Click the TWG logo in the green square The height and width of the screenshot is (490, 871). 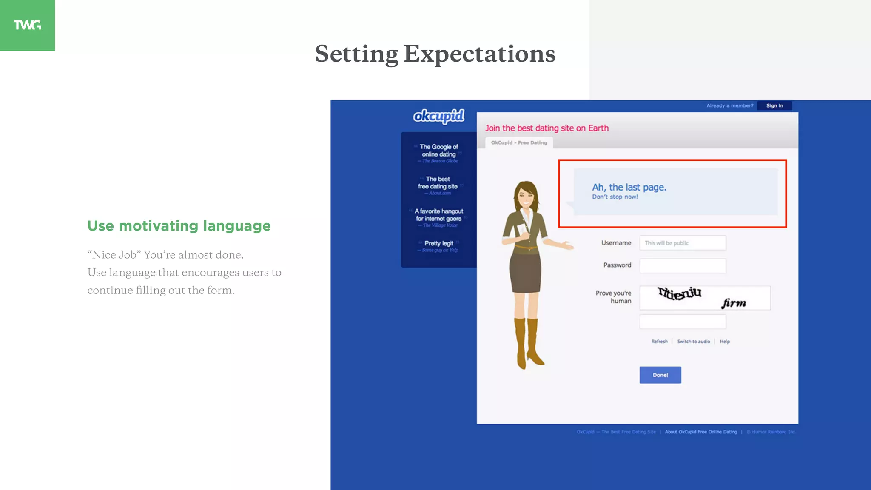(x=27, y=25)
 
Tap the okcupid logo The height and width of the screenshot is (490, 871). (x=438, y=116)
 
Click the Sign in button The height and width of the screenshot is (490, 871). (x=774, y=105)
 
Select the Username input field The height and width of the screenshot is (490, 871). (x=682, y=243)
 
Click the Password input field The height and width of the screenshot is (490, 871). (x=682, y=266)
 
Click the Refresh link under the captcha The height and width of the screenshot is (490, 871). (x=659, y=342)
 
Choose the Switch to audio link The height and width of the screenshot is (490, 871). (x=693, y=342)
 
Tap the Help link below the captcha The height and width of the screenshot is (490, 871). (x=725, y=342)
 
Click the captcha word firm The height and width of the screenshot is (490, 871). (x=734, y=303)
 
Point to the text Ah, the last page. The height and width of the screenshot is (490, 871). (x=629, y=187)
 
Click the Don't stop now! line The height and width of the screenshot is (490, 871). (x=615, y=197)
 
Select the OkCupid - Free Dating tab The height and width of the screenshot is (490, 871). (x=519, y=143)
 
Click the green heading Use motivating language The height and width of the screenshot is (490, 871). (x=179, y=226)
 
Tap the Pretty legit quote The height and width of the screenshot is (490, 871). (x=438, y=243)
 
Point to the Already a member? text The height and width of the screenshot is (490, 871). (x=729, y=105)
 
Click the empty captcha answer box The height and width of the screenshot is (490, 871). (x=682, y=322)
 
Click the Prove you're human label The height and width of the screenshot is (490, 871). (x=613, y=297)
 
